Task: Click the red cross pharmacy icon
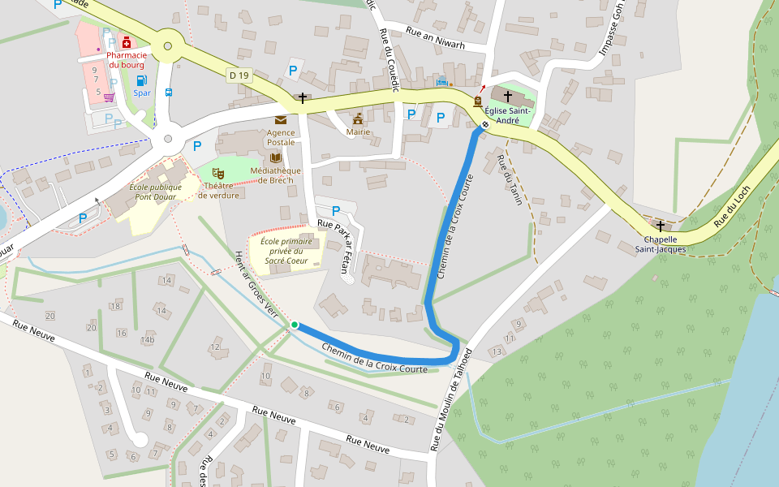pyautogui.click(x=127, y=41)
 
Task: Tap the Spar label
pyautogui.click(x=142, y=93)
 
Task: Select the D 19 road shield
pyautogui.click(x=239, y=75)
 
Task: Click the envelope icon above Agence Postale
pyautogui.click(x=281, y=120)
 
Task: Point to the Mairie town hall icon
pyautogui.click(x=358, y=119)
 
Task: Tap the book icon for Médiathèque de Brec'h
pyautogui.click(x=276, y=157)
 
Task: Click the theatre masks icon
pyautogui.click(x=217, y=172)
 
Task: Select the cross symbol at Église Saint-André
pyautogui.click(x=508, y=97)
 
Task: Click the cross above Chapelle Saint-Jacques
pyautogui.click(x=661, y=226)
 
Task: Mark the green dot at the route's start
pyautogui.click(x=294, y=325)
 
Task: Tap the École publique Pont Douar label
pyautogui.click(x=154, y=192)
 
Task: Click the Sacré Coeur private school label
pyautogui.click(x=286, y=251)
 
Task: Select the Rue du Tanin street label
pyautogui.click(x=509, y=179)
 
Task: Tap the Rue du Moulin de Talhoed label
pyautogui.click(x=451, y=399)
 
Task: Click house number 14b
pyautogui.click(x=147, y=339)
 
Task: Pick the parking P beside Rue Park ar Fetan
pyautogui.click(x=336, y=211)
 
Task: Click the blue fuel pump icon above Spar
pyautogui.click(x=141, y=80)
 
